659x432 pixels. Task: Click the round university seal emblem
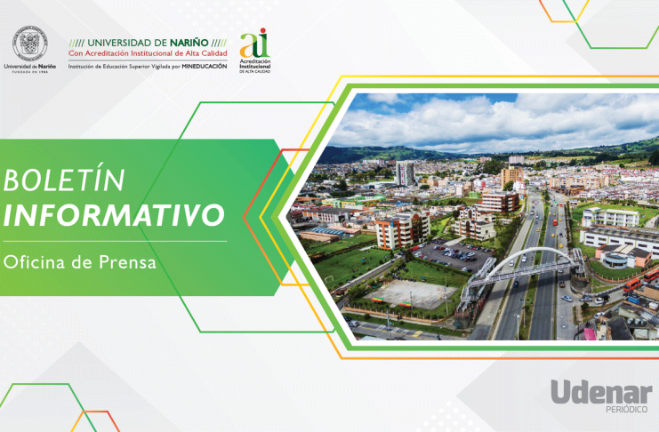[x=30, y=44]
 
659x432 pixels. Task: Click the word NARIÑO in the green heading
[x=189, y=43]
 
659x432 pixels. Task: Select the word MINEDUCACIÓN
[x=205, y=67]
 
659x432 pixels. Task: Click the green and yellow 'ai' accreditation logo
[x=254, y=51]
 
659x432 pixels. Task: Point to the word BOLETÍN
[x=64, y=180]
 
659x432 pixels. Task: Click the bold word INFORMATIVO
[x=114, y=215]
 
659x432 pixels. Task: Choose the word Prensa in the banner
[x=127, y=262]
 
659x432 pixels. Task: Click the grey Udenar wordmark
[x=601, y=392]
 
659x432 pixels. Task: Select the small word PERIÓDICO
[x=627, y=409]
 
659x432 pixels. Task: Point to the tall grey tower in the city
[x=405, y=173]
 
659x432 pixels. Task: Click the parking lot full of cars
[x=452, y=253]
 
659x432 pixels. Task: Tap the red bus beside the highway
[x=632, y=284]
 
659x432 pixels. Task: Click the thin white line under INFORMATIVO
[x=115, y=241]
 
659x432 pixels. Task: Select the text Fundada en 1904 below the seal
[x=30, y=72]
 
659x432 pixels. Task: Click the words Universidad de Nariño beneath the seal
[x=30, y=67]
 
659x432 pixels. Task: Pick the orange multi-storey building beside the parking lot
[x=402, y=229]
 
